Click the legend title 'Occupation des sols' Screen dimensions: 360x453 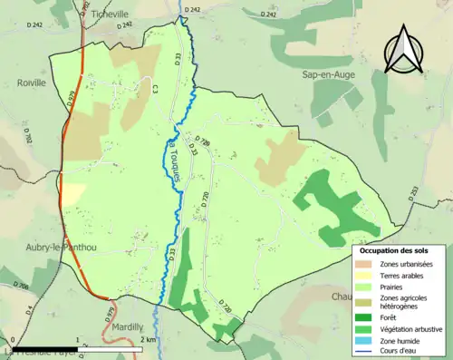pos(394,250)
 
